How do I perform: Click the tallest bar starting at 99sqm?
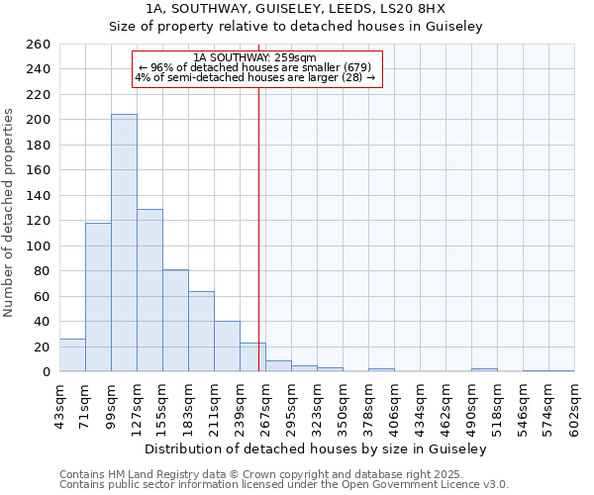tap(124, 243)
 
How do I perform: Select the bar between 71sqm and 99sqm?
tap(98, 297)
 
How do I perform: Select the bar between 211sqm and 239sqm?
tap(227, 346)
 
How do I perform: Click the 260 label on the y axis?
tap(39, 45)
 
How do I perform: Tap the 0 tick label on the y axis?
tap(47, 372)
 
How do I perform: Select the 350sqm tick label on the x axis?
tap(344, 405)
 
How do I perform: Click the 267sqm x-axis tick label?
tap(266, 405)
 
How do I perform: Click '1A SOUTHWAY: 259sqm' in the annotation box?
tap(255, 57)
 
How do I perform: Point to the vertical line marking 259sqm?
tap(258, 228)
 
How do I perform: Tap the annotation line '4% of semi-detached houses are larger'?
tap(254, 77)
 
